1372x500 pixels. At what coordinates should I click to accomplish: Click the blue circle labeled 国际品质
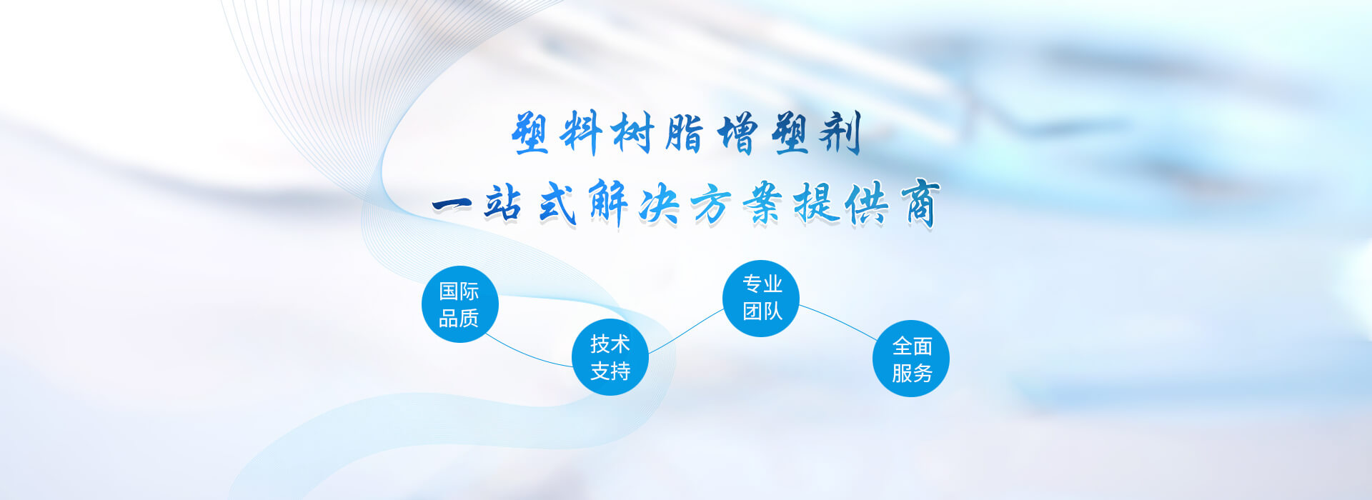pos(459,304)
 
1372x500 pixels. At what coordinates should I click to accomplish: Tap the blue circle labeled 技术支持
pos(610,357)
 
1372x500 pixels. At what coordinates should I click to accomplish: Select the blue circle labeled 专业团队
pos(761,298)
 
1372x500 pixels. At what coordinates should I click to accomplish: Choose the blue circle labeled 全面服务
pos(911,359)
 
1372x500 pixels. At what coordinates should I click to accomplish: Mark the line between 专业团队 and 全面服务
pos(837,320)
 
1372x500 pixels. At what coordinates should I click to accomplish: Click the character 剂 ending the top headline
pos(840,133)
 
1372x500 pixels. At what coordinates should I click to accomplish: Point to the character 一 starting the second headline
pos(452,205)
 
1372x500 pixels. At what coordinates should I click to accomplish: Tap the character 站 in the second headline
pos(504,204)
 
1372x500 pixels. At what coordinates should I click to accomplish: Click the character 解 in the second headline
pos(608,204)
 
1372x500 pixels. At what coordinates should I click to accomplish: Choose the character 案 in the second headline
pos(763,204)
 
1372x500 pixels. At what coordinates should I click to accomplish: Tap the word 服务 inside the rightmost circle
pos(912,373)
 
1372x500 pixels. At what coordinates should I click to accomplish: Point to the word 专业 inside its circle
pos(762,284)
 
